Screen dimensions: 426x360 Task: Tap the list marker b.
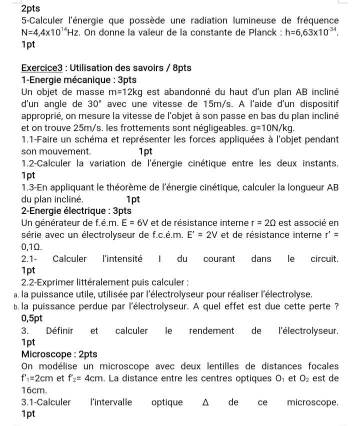(25, 307)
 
